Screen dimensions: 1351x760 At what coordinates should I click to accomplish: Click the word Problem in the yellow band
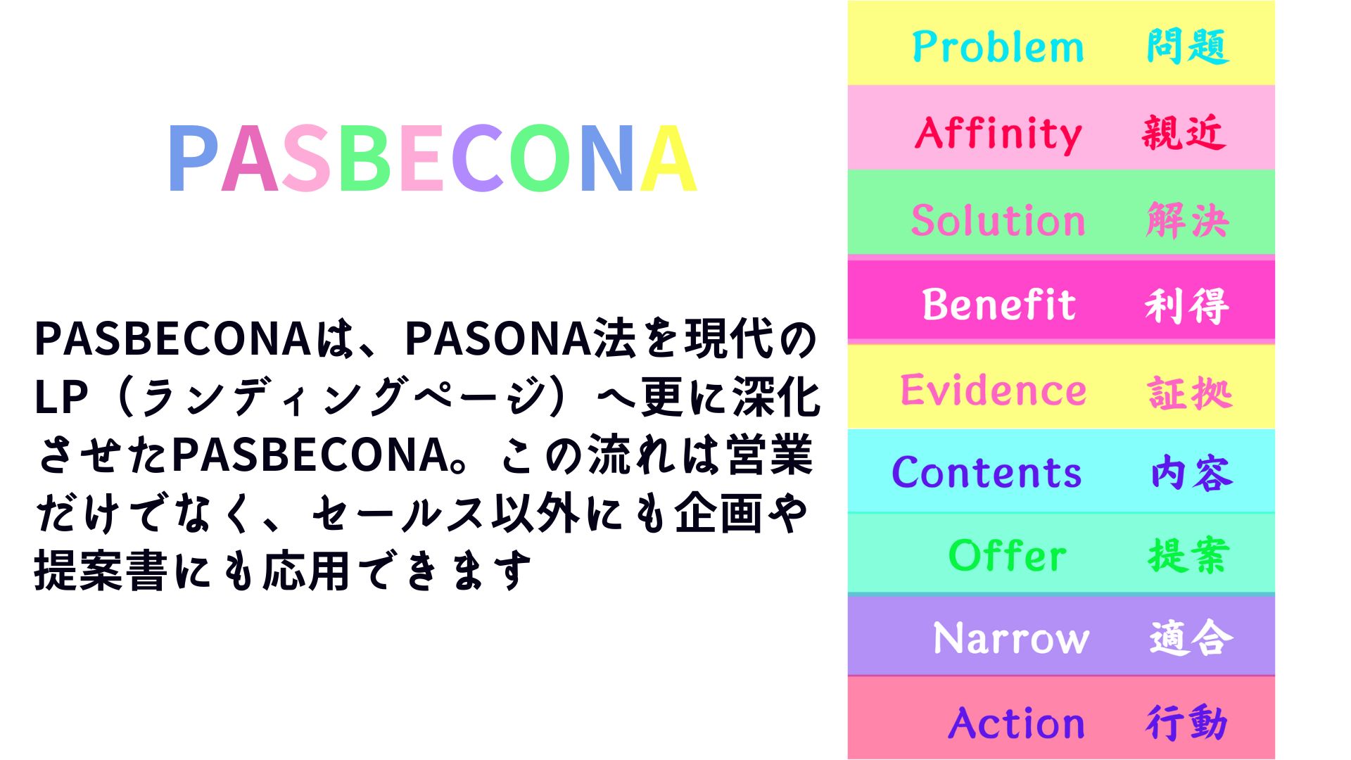[998, 47]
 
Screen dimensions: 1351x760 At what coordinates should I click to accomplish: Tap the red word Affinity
[998, 133]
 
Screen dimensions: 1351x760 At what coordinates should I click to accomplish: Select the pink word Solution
[998, 220]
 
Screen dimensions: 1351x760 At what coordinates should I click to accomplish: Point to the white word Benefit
[999, 305]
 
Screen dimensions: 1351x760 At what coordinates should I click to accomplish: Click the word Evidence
[994, 390]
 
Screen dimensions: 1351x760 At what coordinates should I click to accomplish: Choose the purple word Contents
[987, 472]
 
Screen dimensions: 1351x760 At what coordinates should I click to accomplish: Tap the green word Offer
[1008, 555]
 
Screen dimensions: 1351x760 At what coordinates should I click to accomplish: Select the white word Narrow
[1011, 639]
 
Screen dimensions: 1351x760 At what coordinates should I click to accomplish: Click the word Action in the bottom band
[1017, 723]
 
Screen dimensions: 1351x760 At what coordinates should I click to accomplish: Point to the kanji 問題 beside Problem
[1188, 47]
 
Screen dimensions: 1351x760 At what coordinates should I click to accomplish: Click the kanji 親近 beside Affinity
[1184, 133]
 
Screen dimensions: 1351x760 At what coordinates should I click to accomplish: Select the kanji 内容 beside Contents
[1192, 473]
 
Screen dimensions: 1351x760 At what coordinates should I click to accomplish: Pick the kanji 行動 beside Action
[1187, 723]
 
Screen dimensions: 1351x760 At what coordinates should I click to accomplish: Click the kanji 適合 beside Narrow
[1191, 638]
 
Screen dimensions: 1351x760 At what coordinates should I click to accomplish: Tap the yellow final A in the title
[668, 158]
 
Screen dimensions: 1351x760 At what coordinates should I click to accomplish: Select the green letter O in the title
[543, 158]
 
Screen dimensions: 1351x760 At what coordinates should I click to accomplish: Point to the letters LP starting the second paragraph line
[61, 398]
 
